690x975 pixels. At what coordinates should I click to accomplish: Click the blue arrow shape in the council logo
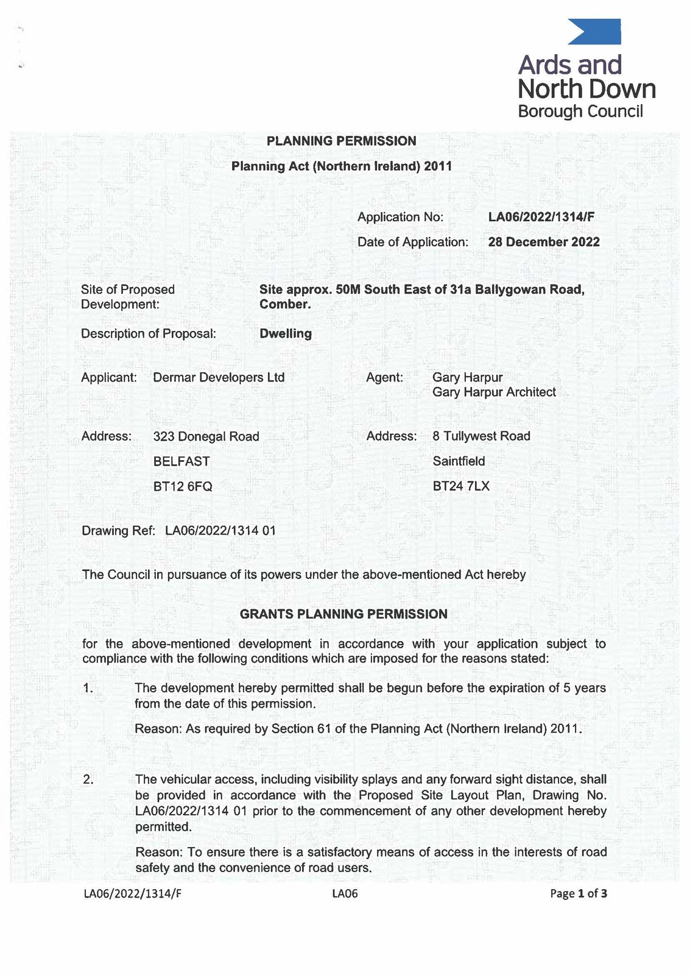(x=594, y=32)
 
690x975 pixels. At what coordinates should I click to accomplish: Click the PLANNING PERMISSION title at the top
(x=342, y=141)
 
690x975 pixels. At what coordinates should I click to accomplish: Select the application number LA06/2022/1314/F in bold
(x=541, y=217)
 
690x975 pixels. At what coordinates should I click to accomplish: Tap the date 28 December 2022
(x=544, y=242)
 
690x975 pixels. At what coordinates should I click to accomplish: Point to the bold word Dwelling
(x=286, y=333)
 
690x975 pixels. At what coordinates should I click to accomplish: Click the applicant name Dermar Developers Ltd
(x=219, y=377)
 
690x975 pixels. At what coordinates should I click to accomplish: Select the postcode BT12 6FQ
(x=183, y=486)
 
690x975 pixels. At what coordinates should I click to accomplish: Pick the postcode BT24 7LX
(x=461, y=486)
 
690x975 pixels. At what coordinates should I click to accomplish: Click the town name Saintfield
(x=459, y=461)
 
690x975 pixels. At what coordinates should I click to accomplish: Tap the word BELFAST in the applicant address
(x=181, y=461)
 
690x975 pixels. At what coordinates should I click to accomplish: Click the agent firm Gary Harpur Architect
(x=494, y=392)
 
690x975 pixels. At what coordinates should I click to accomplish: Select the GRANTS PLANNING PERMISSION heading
(x=343, y=614)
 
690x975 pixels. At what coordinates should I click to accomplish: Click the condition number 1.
(x=88, y=689)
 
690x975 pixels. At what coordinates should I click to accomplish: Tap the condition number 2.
(x=88, y=779)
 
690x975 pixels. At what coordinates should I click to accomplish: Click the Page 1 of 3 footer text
(x=578, y=894)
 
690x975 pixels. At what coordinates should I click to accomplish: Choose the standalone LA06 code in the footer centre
(x=345, y=894)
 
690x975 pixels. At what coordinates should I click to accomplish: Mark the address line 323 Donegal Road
(x=206, y=436)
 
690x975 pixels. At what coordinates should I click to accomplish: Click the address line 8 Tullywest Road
(x=481, y=436)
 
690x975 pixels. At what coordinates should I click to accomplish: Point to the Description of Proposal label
(x=149, y=333)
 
